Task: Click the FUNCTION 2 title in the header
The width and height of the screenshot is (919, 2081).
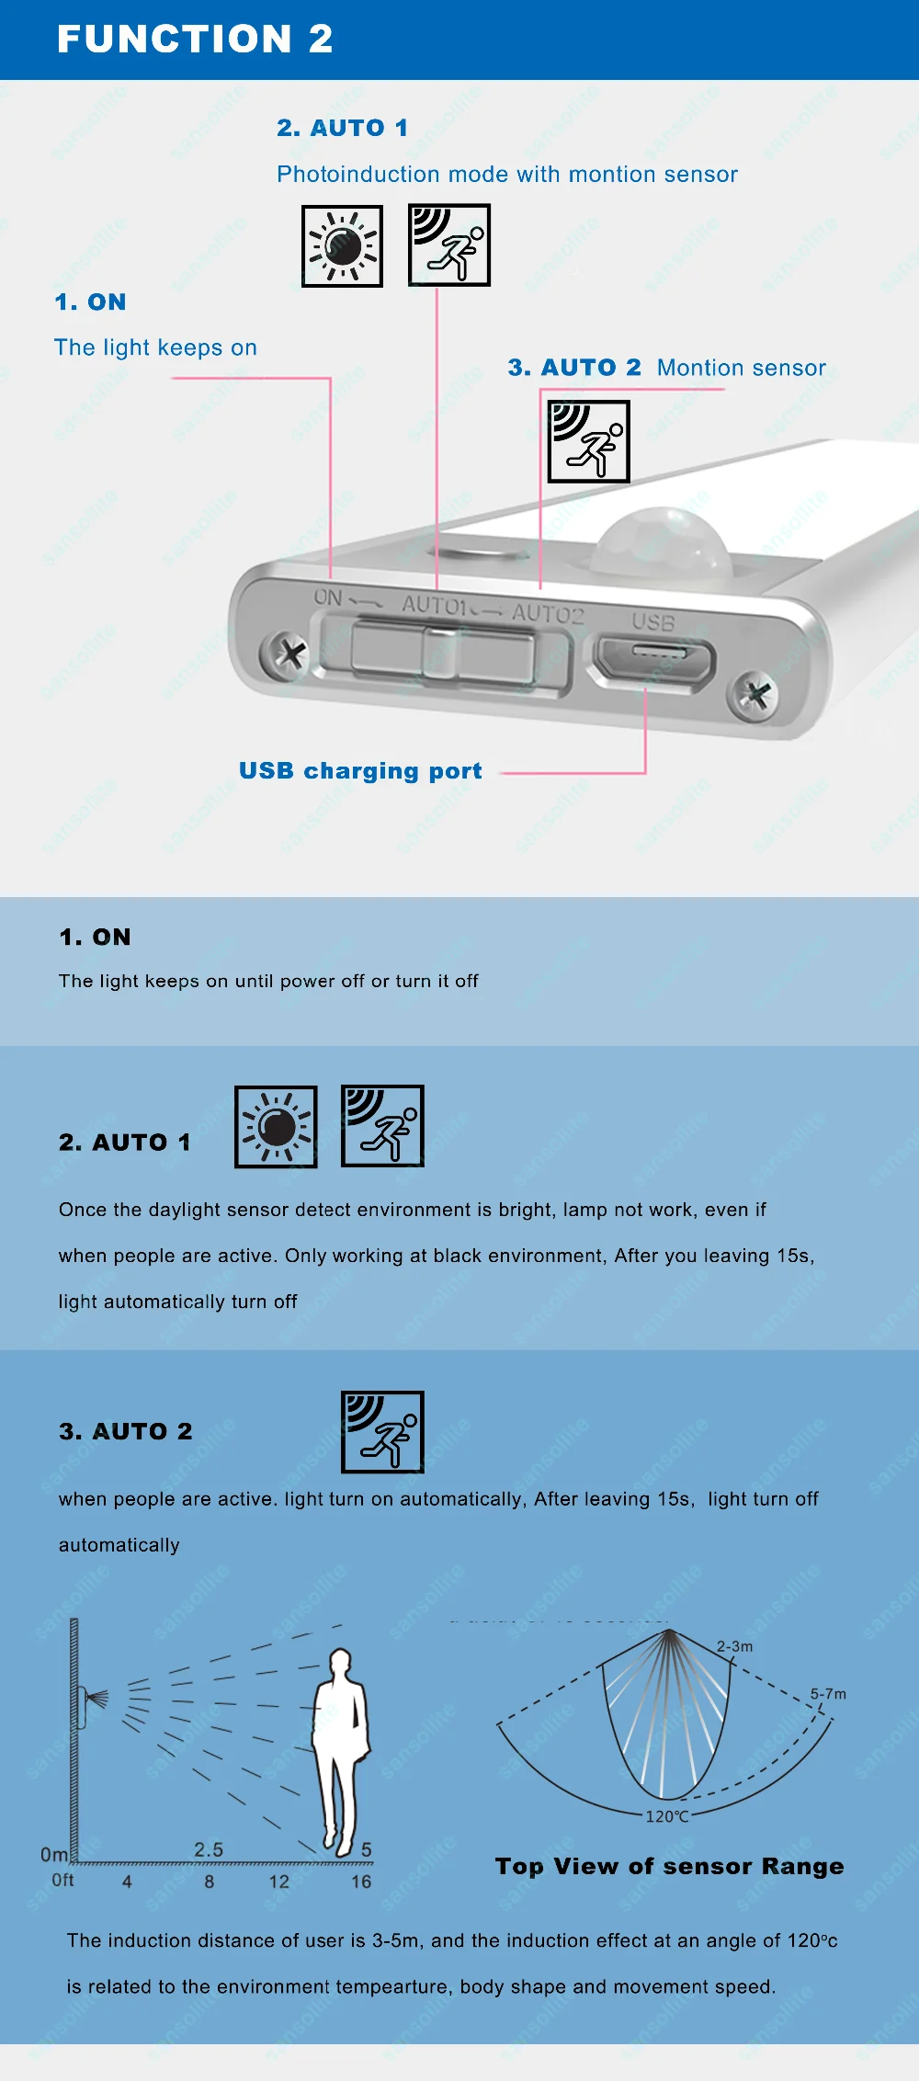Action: point(195,39)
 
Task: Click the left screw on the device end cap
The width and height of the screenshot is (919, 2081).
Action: point(289,654)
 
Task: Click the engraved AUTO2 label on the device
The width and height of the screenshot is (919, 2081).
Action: point(548,613)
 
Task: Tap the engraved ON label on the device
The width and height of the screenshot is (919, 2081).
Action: point(328,597)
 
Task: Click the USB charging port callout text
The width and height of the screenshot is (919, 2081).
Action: point(360,770)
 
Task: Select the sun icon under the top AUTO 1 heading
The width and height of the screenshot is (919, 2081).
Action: point(342,246)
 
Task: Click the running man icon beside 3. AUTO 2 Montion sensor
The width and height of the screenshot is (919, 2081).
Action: point(588,441)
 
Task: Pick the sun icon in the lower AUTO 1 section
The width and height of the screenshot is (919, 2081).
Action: point(276,1127)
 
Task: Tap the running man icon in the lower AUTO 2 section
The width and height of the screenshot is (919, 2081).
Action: point(382,1432)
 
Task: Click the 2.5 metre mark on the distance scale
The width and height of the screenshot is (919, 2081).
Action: point(209,1849)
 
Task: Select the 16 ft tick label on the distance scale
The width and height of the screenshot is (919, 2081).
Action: point(361,1882)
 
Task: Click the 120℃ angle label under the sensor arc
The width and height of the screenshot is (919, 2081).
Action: point(667,1816)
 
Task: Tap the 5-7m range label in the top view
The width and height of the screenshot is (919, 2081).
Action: point(828,1693)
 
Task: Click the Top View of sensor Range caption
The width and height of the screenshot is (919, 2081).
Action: point(669,1866)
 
